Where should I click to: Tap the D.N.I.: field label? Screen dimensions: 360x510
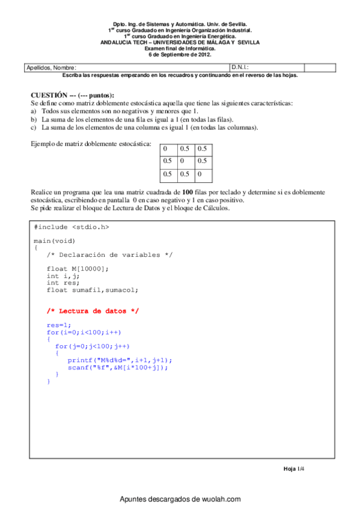pos(240,67)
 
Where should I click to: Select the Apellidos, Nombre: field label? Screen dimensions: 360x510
pos(52,67)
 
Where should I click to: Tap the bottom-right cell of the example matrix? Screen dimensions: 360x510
pos(204,174)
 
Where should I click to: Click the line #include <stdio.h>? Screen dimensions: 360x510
pos(72,227)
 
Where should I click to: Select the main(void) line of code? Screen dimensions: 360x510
pos(55,241)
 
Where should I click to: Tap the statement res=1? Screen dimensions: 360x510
pos(58,325)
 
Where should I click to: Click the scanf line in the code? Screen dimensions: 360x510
pos(118,367)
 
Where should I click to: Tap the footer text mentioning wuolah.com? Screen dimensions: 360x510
pos(180,499)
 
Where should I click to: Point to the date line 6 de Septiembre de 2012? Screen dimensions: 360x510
pos(180,55)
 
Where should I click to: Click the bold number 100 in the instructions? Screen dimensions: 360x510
pos(187,192)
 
